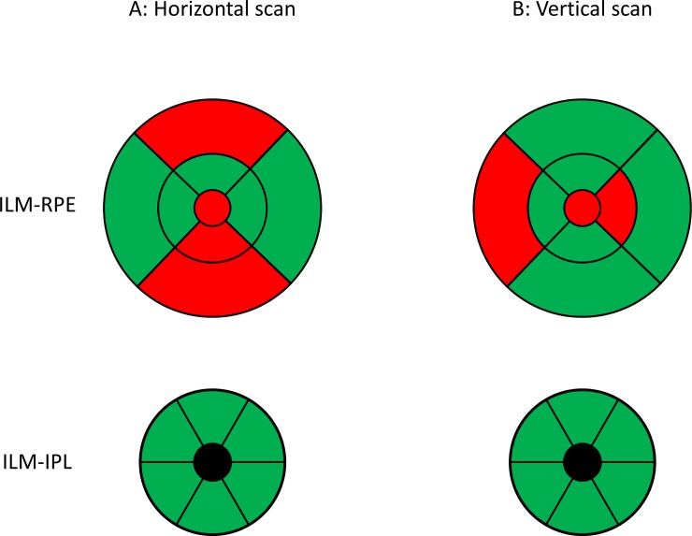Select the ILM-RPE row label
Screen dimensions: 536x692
(39, 208)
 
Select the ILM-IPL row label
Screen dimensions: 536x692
(39, 462)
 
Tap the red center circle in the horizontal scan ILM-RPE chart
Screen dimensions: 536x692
(212, 207)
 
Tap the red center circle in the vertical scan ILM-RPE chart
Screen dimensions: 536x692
(583, 207)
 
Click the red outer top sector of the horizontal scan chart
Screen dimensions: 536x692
(212, 125)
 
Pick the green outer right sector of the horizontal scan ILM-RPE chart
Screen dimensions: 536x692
(294, 207)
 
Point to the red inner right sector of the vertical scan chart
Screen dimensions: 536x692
(619, 207)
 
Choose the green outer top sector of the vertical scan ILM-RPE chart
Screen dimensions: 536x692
(583, 125)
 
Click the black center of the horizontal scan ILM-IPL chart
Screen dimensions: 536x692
(212, 462)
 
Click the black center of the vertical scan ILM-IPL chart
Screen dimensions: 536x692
(583, 462)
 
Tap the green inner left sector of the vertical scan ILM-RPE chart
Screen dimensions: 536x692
(546, 207)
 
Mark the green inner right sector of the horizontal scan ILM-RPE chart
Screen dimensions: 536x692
(249, 207)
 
